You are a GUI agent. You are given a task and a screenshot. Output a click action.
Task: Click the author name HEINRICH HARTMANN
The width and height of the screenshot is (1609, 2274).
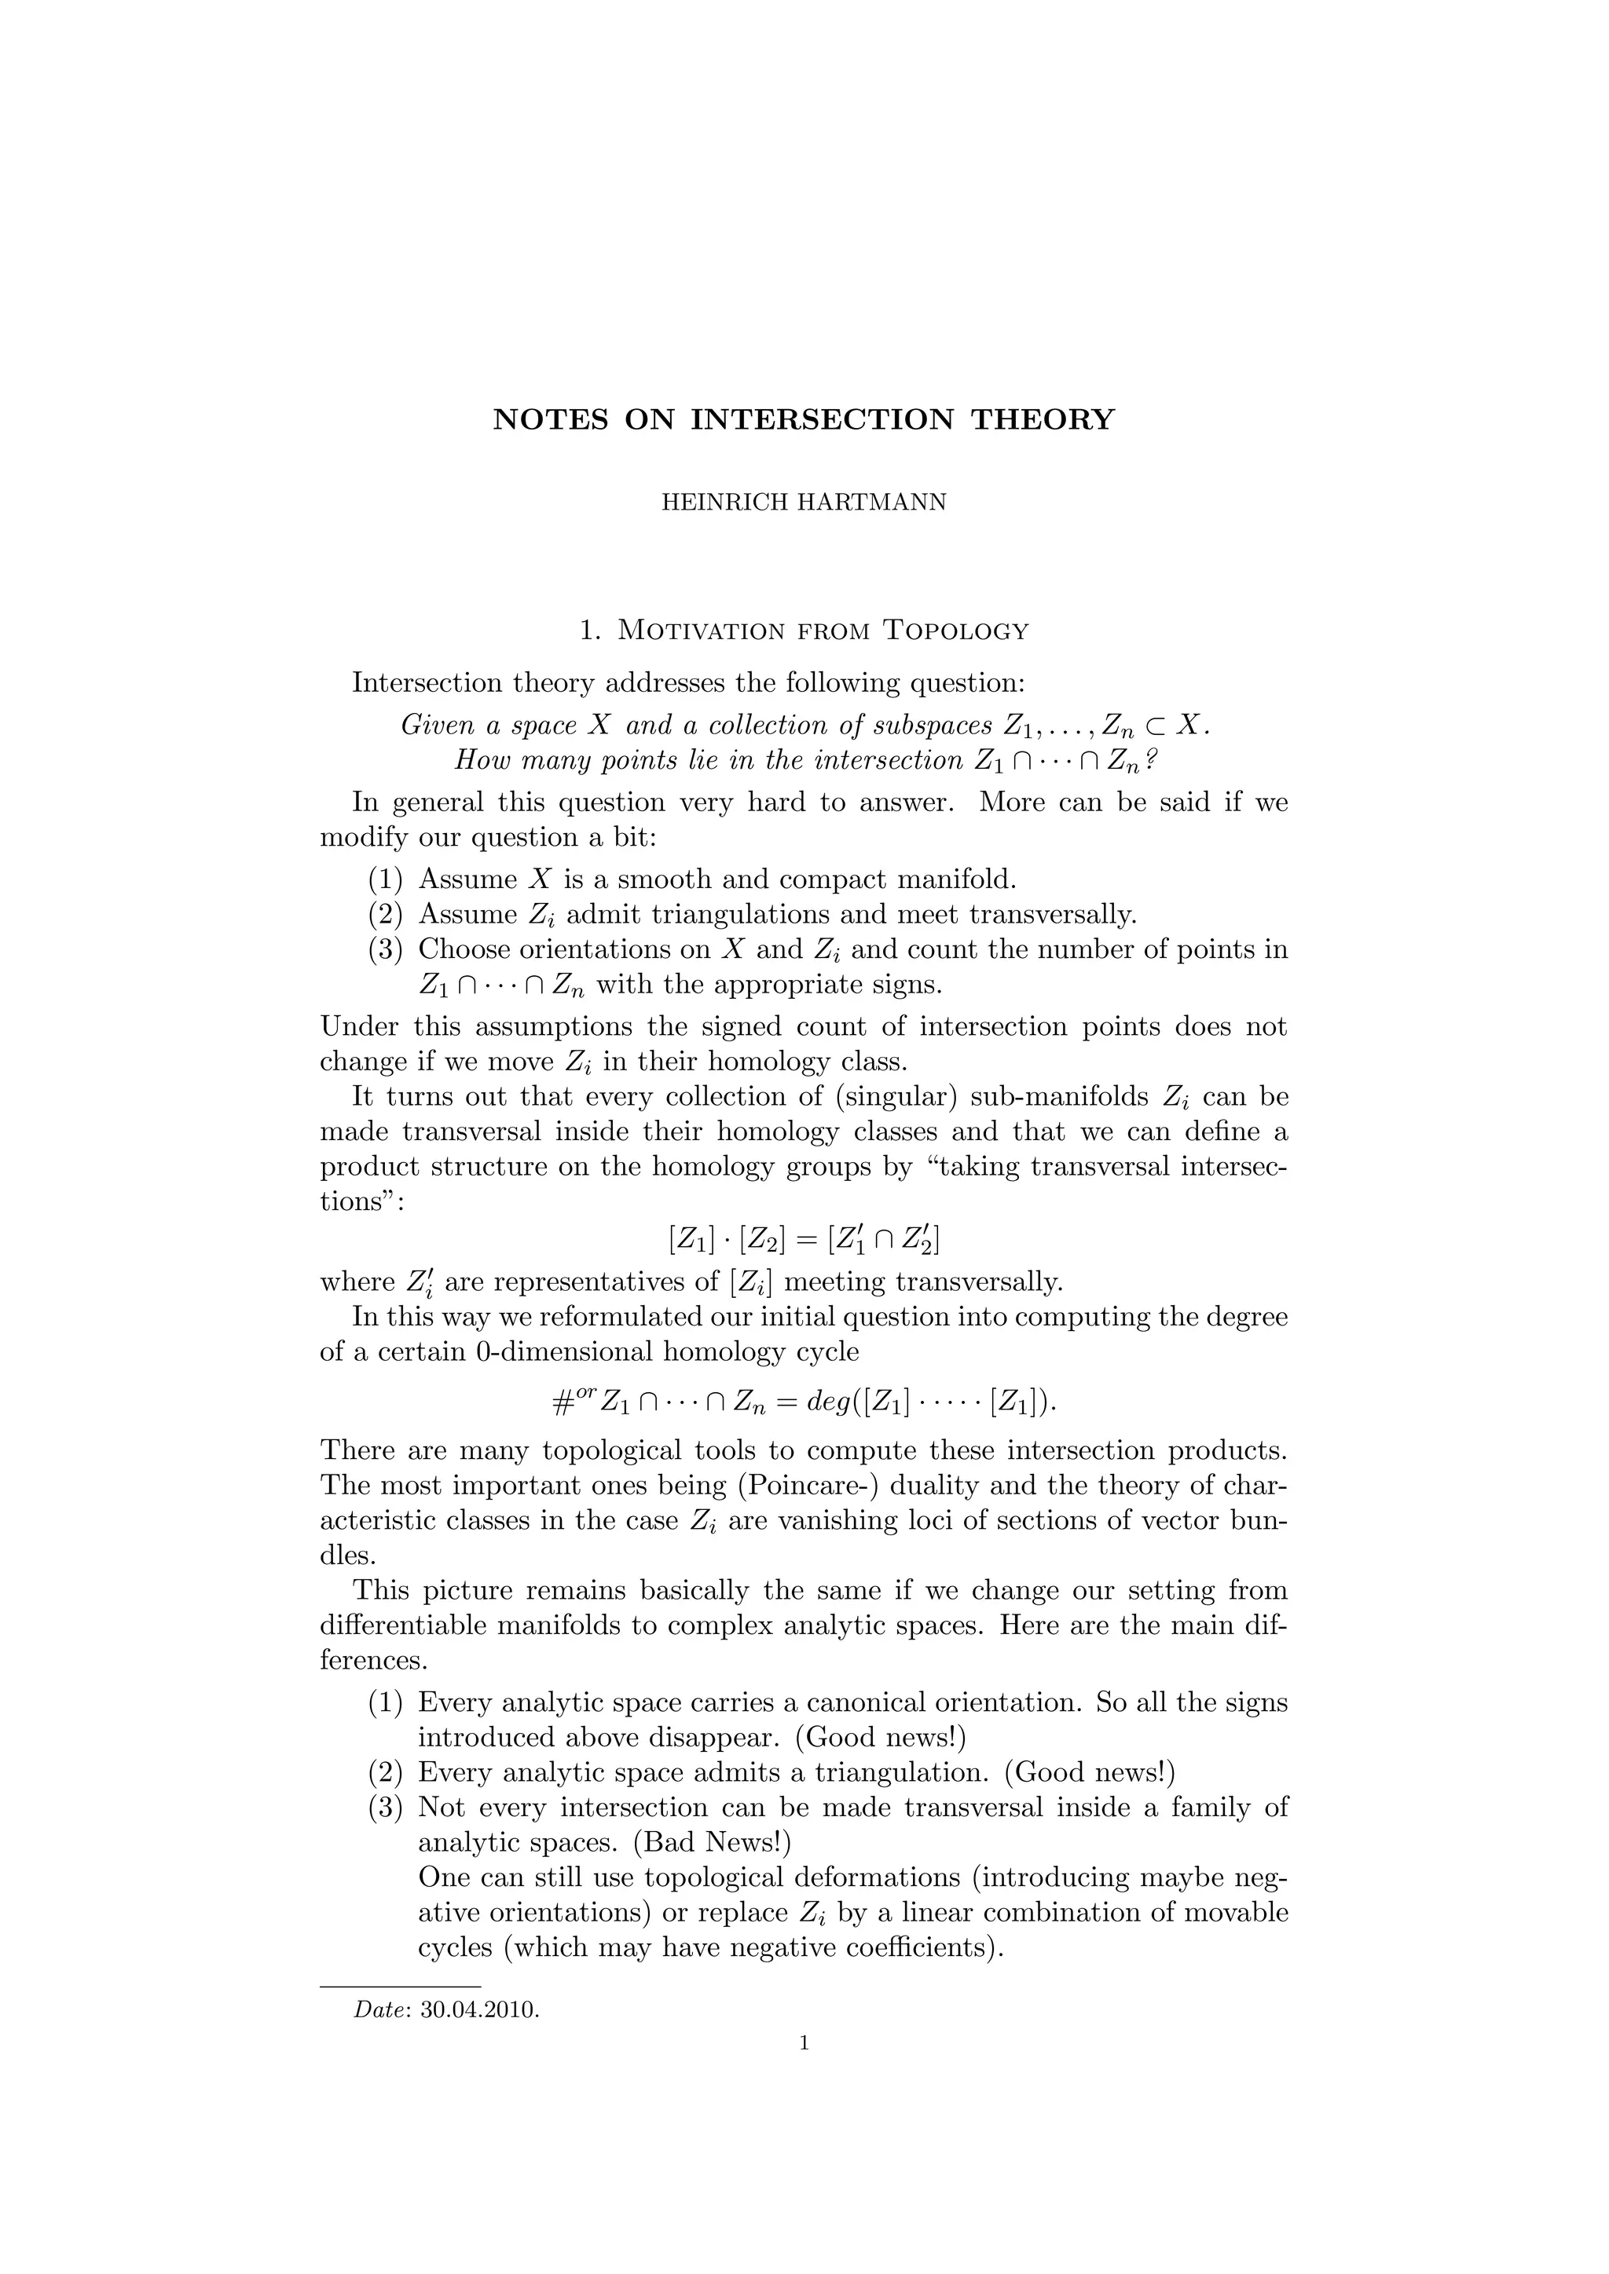coord(804,502)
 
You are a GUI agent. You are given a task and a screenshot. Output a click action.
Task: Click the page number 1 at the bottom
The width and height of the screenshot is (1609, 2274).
coord(804,2042)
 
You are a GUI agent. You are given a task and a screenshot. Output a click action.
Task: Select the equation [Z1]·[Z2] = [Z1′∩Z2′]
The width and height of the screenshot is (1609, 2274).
coord(804,1239)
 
